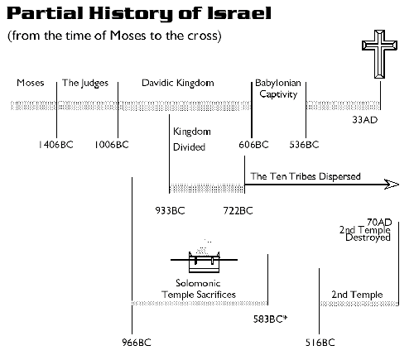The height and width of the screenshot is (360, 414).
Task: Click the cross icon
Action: point(379,54)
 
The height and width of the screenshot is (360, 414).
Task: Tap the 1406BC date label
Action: point(56,145)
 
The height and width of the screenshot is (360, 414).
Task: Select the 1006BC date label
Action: point(112,145)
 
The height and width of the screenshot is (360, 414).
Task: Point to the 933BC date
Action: point(170,211)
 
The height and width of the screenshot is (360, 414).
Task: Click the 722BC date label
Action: point(238,211)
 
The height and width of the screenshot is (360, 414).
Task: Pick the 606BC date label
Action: point(253,145)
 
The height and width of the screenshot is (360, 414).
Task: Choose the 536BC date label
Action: point(304,145)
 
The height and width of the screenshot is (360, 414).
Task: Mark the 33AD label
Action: point(365,120)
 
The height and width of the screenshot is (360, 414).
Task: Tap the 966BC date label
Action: point(137,343)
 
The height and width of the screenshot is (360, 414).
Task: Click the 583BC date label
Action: point(270,319)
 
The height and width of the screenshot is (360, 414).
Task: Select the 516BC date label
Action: point(320,343)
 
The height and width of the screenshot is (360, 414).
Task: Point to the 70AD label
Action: point(379,222)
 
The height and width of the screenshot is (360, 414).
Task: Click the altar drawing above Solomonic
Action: point(204,259)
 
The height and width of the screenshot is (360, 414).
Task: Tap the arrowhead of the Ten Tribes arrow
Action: point(392,185)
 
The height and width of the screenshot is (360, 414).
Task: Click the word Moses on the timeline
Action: point(31,83)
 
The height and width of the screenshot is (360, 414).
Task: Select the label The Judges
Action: point(85,84)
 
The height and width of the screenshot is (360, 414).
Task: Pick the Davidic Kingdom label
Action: point(178,83)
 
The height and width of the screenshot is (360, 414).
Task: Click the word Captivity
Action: point(278,94)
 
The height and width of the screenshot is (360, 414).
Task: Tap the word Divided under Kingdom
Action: point(189,146)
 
